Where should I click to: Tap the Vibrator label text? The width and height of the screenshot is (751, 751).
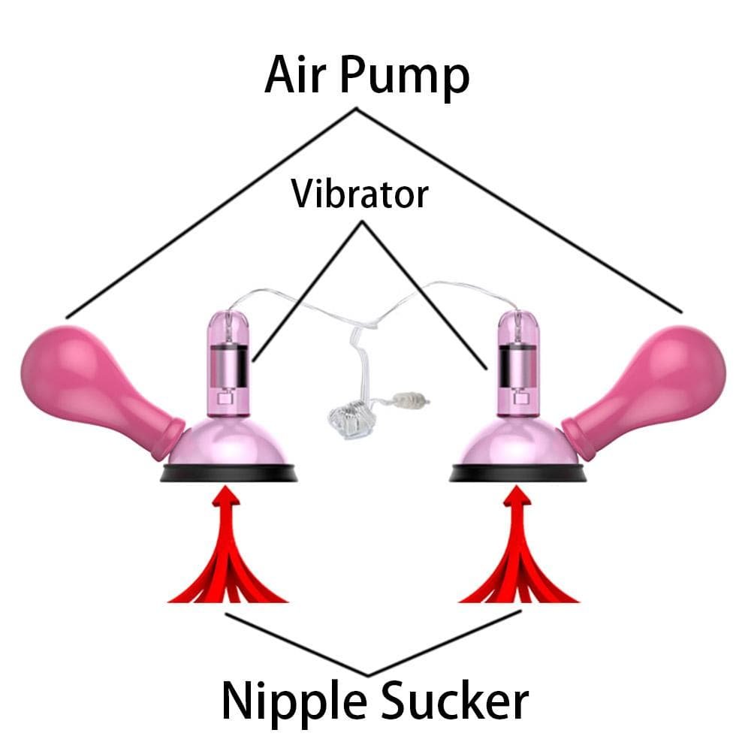(360, 194)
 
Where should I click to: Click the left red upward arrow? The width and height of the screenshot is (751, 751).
(227, 546)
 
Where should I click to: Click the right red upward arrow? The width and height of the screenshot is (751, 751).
(517, 546)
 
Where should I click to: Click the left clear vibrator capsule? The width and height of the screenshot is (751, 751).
(228, 364)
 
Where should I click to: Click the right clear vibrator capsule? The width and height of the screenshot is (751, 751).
(517, 364)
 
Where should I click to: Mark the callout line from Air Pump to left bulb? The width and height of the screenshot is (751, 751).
(211, 213)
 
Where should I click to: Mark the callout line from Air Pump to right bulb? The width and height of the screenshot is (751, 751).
(519, 210)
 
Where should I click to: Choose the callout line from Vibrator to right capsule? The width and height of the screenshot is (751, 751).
(424, 295)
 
